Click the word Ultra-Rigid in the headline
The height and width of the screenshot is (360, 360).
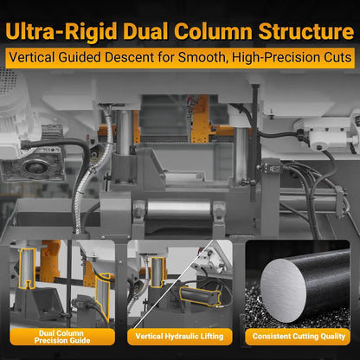(x=61, y=31)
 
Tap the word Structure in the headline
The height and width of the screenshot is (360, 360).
(x=306, y=31)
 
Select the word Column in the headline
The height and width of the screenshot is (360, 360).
(x=213, y=31)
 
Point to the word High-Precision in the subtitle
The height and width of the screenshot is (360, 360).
(x=276, y=58)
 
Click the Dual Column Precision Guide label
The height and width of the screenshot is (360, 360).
(x=62, y=337)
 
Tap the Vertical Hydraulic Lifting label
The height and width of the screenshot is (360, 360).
(x=179, y=337)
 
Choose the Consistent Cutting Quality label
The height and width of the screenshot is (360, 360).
(x=299, y=337)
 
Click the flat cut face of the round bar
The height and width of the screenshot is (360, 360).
(x=283, y=290)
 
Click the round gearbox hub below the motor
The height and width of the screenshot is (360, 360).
(x=34, y=166)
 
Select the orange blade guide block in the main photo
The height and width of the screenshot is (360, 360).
(x=201, y=119)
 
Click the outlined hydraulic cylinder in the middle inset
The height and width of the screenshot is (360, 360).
(x=200, y=296)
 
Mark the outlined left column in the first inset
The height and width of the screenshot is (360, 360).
(x=27, y=268)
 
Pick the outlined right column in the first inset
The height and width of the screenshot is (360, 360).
(x=103, y=296)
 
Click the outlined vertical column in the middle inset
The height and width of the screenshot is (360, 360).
(x=157, y=273)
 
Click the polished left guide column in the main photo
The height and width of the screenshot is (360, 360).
(x=125, y=132)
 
